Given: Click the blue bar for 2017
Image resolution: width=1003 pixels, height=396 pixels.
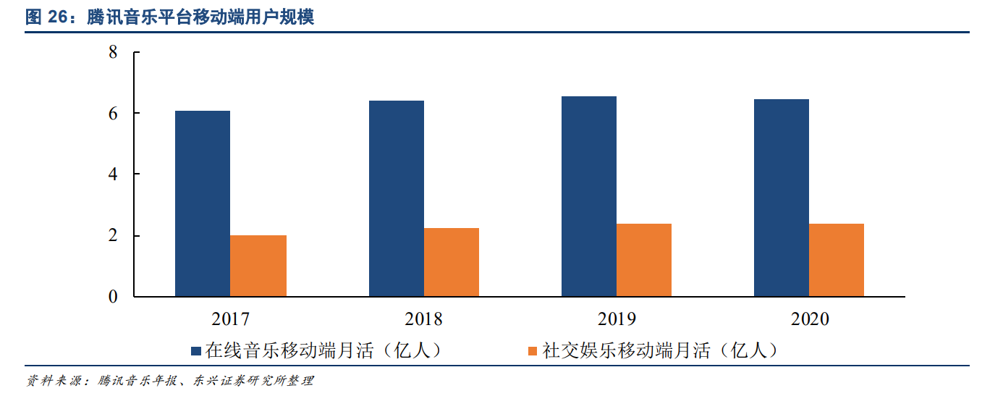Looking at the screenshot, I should [203, 203].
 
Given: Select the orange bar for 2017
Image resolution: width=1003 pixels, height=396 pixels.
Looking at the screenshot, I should [258, 266].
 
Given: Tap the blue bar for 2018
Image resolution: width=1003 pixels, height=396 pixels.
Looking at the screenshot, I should [396, 198].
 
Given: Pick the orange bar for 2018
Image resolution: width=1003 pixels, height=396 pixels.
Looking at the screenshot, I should [452, 262].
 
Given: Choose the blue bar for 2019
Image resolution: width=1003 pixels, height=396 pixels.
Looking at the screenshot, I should [589, 196].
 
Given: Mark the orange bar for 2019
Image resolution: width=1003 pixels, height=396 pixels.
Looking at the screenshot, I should [644, 260].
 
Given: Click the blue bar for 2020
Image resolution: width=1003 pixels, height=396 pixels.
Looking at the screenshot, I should [782, 198].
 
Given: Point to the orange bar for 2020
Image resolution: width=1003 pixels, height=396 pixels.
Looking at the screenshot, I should [837, 260].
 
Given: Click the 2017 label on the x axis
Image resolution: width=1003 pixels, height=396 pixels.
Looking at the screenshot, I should [231, 319].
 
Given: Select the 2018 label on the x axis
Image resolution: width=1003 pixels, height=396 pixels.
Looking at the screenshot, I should [423, 319].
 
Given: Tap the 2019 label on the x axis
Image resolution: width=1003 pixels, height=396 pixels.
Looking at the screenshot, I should [617, 319].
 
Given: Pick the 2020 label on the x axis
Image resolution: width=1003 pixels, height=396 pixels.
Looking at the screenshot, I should [810, 319].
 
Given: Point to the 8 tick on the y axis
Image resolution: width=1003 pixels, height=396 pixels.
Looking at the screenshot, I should [113, 52].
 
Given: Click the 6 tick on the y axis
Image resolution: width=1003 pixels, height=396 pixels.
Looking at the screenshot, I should [113, 113].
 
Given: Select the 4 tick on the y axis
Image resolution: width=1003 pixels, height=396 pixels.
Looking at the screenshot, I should [113, 174].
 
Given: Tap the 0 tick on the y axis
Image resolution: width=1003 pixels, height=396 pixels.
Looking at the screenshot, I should [113, 297].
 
